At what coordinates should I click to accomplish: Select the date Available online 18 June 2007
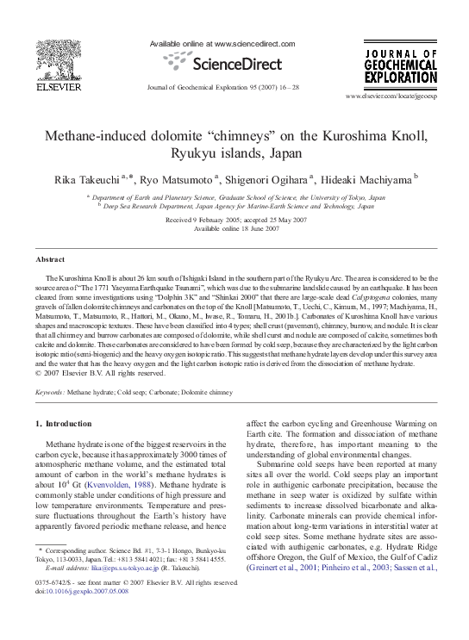pos(234,228)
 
